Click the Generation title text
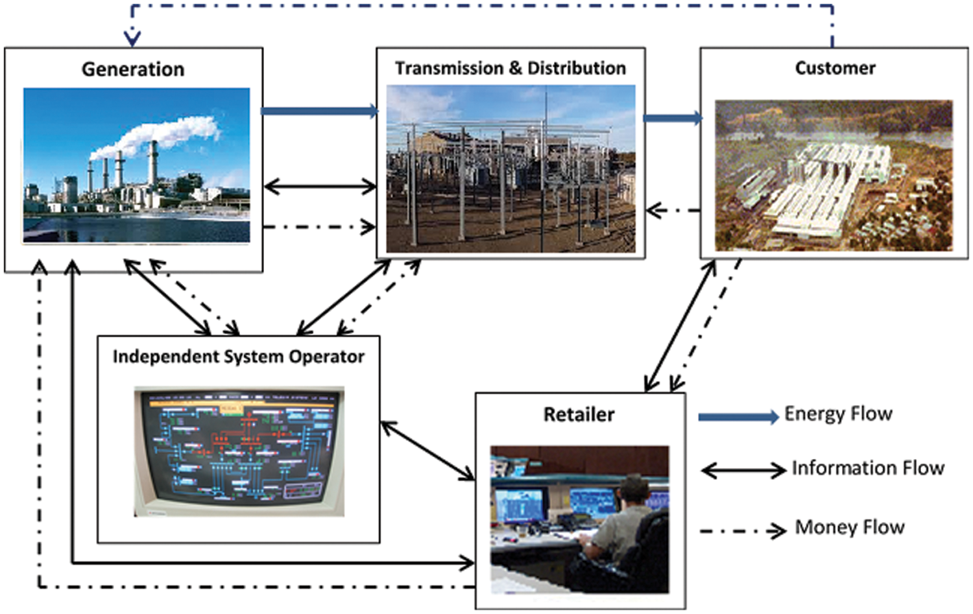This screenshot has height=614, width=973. [x=133, y=69]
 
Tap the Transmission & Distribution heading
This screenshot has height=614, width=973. [x=511, y=68]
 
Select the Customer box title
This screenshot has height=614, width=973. [x=835, y=68]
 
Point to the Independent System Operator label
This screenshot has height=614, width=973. [x=238, y=357]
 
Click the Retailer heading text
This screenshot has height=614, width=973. [x=579, y=414]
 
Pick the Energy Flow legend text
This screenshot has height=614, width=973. [x=838, y=414]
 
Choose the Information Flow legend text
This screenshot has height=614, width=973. [x=868, y=468]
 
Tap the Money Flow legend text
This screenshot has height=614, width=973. [x=850, y=527]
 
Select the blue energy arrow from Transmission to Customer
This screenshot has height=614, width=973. [x=672, y=118]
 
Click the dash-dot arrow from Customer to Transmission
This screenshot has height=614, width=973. [x=673, y=211]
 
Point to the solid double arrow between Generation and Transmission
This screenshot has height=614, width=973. [x=320, y=187]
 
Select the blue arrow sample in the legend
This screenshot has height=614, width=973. [x=738, y=417]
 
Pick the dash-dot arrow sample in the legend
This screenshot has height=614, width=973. [x=743, y=532]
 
